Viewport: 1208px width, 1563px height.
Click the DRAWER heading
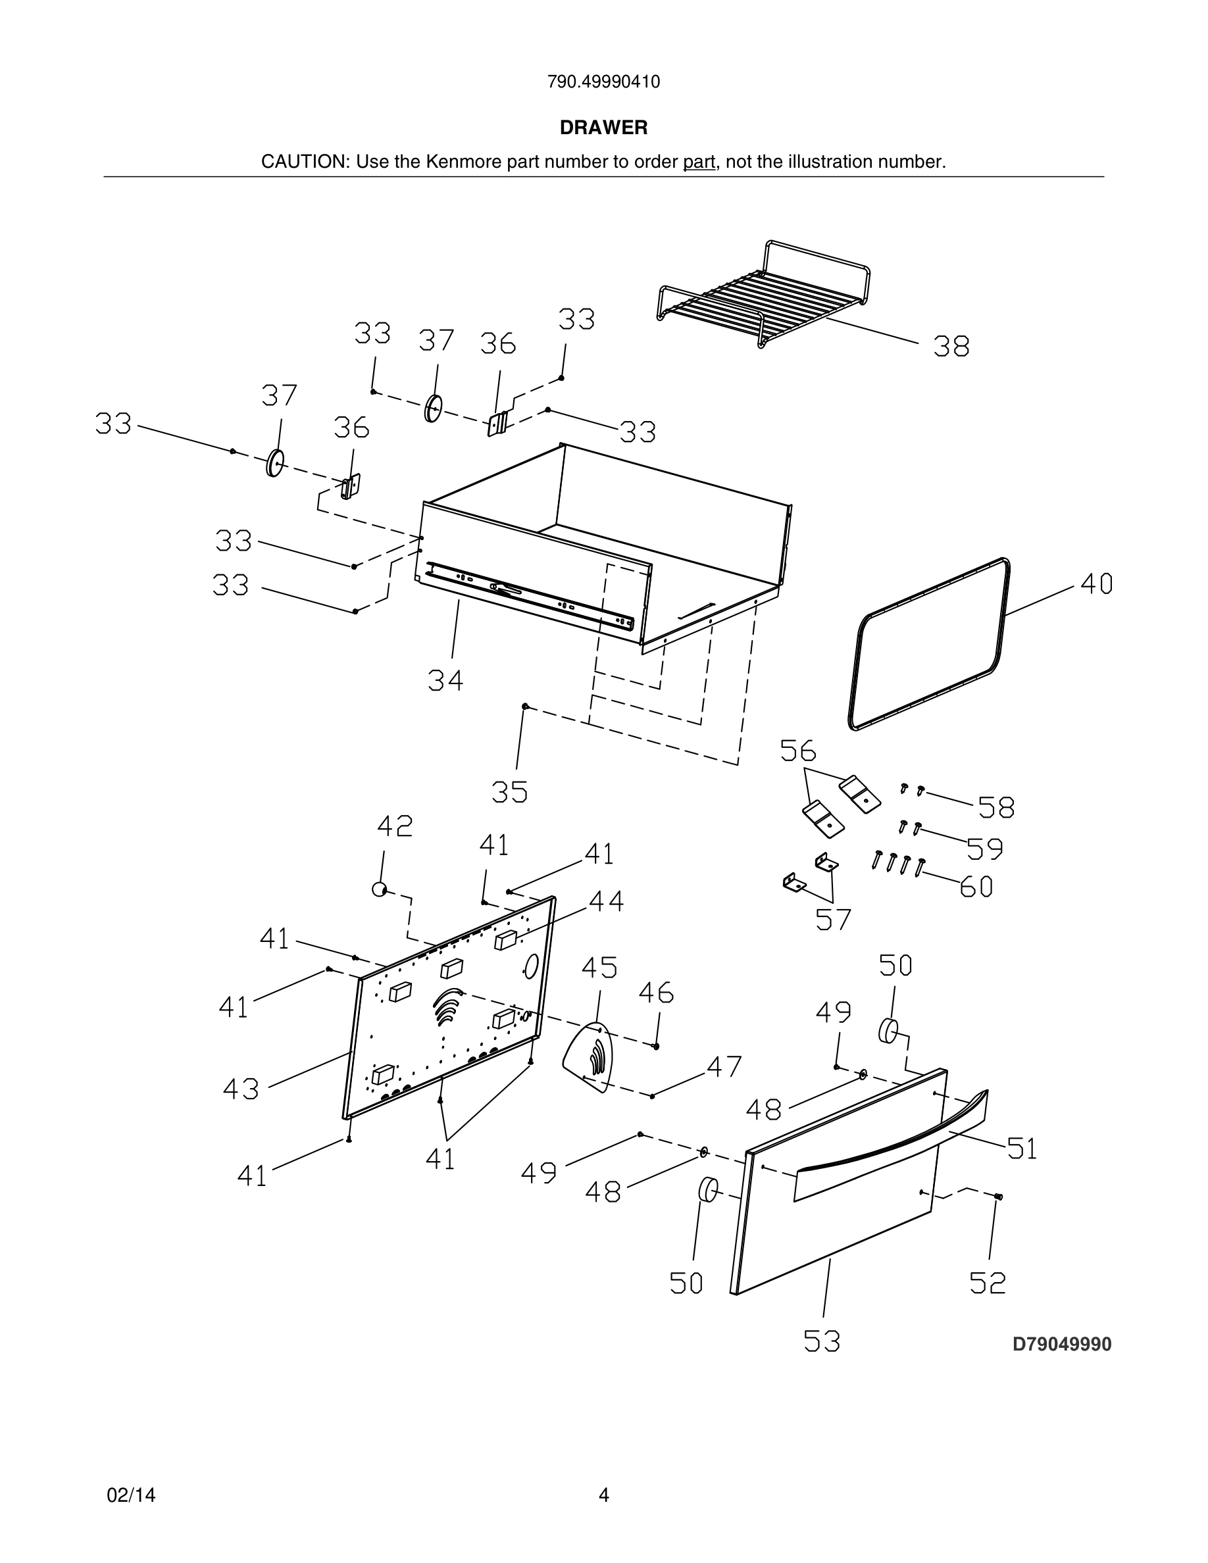(603, 128)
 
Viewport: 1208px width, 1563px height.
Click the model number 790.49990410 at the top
(603, 82)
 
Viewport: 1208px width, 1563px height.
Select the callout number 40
(1095, 584)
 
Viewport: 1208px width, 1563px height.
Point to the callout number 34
(445, 680)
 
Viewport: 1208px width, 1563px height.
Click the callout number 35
(509, 792)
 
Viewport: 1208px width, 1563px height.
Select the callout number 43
(240, 1089)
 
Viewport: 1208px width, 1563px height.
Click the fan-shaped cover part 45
(588, 1058)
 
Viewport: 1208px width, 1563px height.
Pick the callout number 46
(655, 993)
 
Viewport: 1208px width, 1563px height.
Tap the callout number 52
(988, 1283)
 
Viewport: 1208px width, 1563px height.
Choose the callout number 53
(821, 1341)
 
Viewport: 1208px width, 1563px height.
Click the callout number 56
(798, 751)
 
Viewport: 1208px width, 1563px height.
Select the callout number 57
(833, 920)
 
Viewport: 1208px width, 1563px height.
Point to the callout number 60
(976, 887)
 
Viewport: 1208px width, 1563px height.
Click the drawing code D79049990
(1061, 1344)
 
